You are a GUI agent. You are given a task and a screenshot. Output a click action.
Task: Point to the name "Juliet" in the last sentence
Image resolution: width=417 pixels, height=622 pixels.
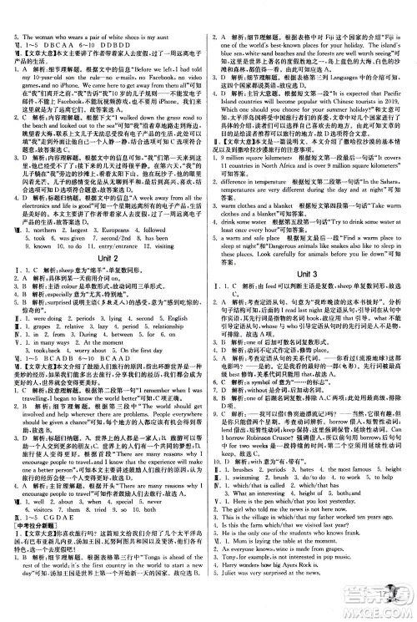[x=239, y=609]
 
